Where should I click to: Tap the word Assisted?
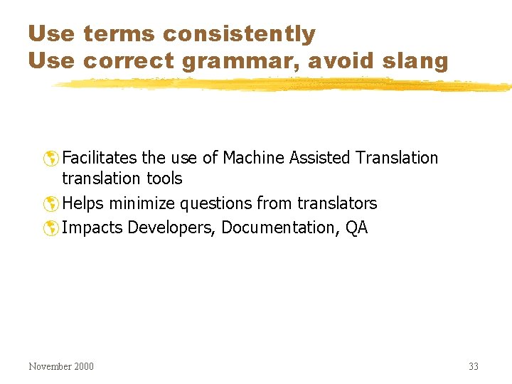[x=318, y=157]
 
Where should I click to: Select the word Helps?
[x=82, y=203]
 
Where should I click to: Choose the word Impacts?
[x=90, y=228]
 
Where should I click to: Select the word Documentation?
[x=279, y=228]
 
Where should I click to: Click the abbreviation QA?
[x=357, y=228]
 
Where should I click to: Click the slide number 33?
[x=474, y=366]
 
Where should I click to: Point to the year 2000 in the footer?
[x=82, y=366]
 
